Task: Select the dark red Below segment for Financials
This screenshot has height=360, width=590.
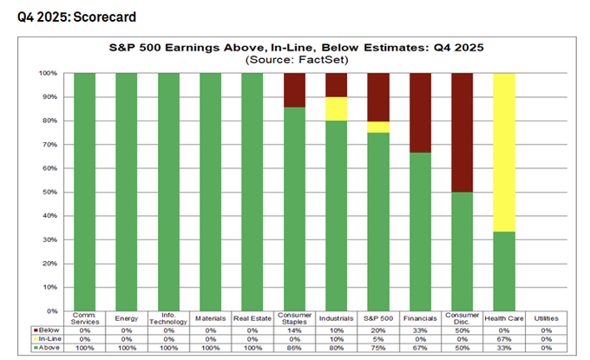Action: click(x=421, y=113)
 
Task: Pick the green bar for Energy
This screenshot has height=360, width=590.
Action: click(x=127, y=191)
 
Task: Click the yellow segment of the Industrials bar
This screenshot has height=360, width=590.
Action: click(x=337, y=108)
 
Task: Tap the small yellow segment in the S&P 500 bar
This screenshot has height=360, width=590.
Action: click(x=378, y=127)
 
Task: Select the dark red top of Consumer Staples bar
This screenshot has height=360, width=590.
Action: click(x=294, y=89)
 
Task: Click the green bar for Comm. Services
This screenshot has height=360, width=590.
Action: click(x=84, y=191)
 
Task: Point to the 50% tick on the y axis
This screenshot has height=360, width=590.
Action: click(x=51, y=192)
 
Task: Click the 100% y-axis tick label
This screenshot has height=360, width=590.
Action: click(x=49, y=74)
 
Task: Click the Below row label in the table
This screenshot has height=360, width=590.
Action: click(x=47, y=331)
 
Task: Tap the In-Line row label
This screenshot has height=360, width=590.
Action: click(x=48, y=339)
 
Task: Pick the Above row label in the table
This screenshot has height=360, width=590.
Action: click(x=47, y=348)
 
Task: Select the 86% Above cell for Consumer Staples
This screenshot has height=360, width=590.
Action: click(x=294, y=348)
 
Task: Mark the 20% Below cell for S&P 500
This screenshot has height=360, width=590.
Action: click(x=378, y=331)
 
